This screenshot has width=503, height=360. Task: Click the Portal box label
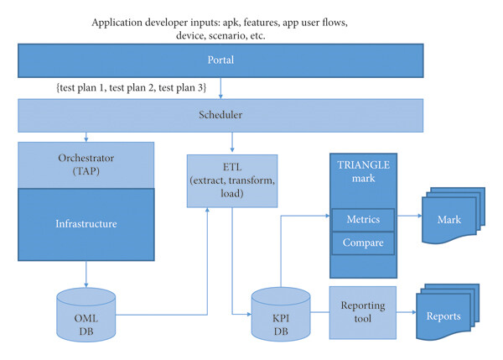point(220,60)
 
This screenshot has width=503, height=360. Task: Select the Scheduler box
point(220,116)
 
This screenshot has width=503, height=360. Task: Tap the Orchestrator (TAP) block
point(86,165)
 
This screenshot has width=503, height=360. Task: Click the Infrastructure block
point(86,225)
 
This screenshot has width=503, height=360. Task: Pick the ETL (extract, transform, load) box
point(232,180)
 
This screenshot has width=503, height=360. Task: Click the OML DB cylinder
point(86,315)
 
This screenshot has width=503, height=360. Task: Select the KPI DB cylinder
point(281,314)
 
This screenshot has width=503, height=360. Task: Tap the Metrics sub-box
point(363,220)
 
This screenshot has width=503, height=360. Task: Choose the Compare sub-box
point(363,243)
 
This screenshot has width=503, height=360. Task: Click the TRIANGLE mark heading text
point(364,171)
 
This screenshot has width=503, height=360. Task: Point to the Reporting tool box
point(363,312)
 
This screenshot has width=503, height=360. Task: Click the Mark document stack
point(454,216)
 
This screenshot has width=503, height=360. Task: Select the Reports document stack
point(448,312)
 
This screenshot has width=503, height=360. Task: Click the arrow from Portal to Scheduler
point(220,88)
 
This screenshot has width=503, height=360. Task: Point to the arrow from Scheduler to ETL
point(232,142)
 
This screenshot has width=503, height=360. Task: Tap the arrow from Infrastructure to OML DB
point(86,274)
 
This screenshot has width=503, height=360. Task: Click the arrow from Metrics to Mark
point(409,216)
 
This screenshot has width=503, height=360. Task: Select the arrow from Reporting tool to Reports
point(407,312)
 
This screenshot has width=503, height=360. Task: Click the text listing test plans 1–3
point(132,87)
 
